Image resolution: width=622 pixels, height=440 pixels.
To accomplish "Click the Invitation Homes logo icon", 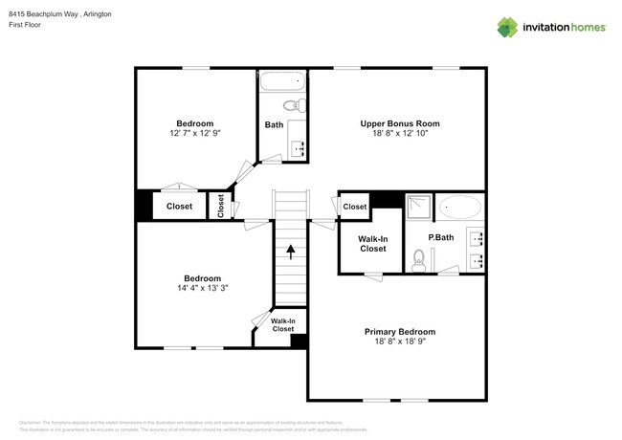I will (507, 27).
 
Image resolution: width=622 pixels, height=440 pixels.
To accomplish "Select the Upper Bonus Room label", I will (400, 123).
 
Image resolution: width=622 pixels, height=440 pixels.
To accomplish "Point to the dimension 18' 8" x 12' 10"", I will (400, 134).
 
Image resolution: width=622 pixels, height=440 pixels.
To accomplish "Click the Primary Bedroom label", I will (399, 332).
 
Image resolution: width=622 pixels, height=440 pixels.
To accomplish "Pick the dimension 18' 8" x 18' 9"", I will (399, 342).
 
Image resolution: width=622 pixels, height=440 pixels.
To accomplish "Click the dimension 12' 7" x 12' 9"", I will (194, 134).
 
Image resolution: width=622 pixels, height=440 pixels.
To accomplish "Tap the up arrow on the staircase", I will (291, 252).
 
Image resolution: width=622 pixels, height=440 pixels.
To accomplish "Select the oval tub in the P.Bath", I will (461, 208).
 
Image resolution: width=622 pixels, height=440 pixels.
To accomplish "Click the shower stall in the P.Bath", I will (417, 207).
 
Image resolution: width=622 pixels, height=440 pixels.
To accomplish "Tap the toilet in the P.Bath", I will (418, 257).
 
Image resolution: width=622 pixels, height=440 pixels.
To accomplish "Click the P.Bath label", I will (440, 237).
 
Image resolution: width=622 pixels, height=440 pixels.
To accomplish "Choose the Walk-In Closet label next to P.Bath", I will (373, 243).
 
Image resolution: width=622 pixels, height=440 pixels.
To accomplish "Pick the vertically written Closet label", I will (221, 206).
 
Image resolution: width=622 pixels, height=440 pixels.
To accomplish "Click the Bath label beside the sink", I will (274, 124).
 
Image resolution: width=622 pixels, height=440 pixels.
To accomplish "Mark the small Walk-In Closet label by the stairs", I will (282, 325).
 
